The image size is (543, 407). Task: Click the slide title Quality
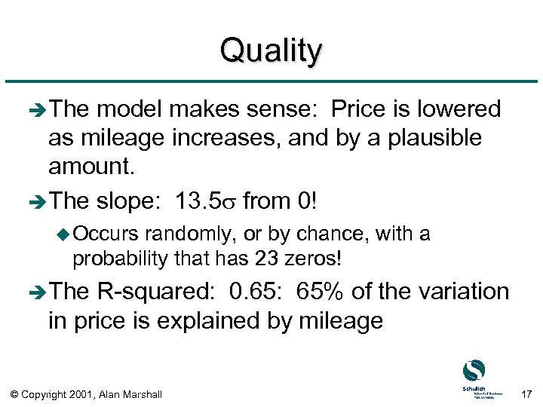pyautogui.click(x=271, y=51)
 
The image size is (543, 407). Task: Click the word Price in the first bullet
pyautogui.click(x=361, y=109)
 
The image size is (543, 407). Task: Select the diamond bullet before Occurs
pyautogui.click(x=63, y=235)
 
